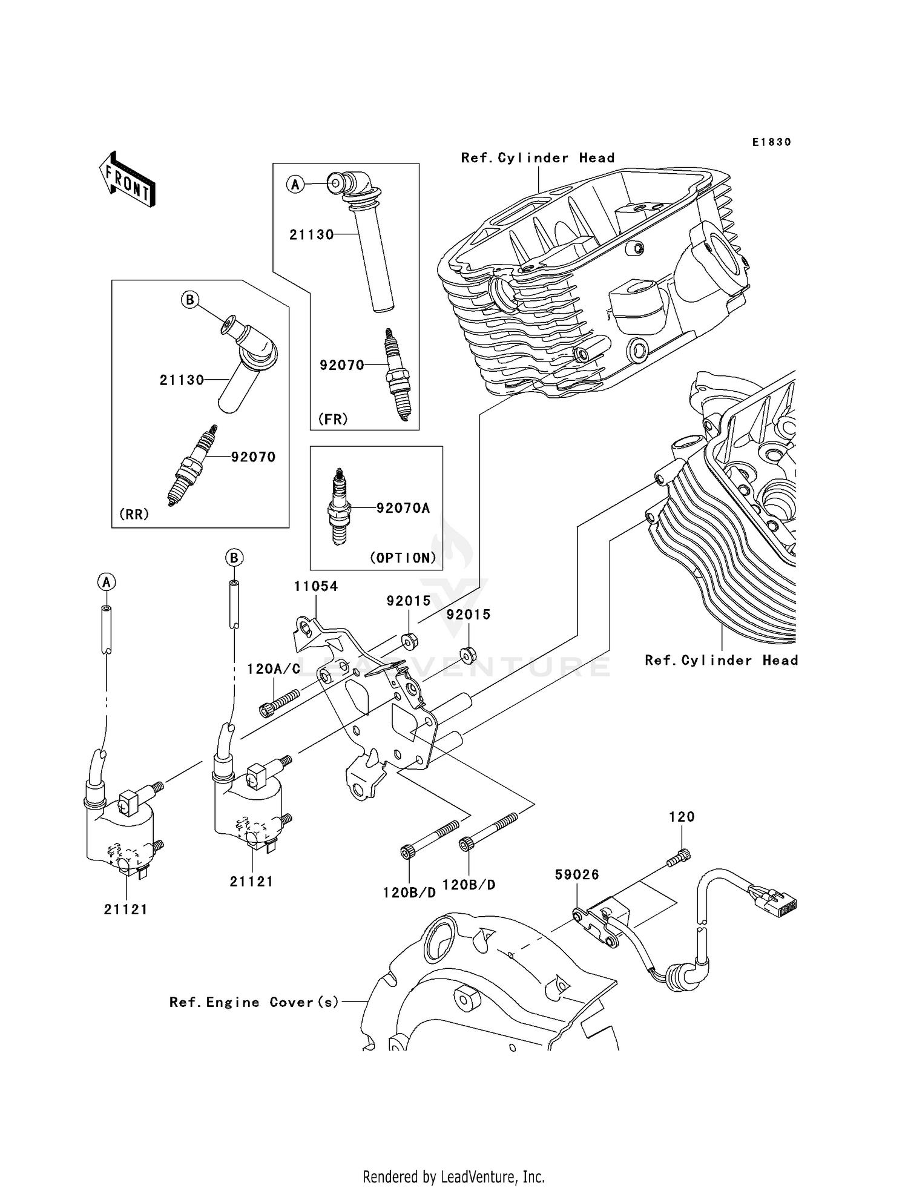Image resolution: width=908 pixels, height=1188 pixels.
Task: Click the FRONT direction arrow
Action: pyautogui.click(x=127, y=180)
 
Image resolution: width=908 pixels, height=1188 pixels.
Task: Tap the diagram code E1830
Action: pyautogui.click(x=771, y=142)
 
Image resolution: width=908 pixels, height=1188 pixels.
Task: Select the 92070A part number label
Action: pyautogui.click(x=403, y=508)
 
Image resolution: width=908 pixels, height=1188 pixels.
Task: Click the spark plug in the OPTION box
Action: pyautogui.click(x=340, y=507)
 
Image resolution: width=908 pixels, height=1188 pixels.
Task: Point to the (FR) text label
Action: pyautogui.click(x=333, y=419)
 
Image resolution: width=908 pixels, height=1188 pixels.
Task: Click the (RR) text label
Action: pyautogui.click(x=134, y=514)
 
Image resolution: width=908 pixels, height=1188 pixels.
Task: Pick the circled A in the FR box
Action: pyautogui.click(x=295, y=184)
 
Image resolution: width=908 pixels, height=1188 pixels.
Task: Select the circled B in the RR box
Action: pyautogui.click(x=190, y=300)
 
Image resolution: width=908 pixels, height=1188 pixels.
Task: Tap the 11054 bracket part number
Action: pyautogui.click(x=315, y=586)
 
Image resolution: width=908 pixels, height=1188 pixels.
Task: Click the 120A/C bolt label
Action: pyautogui.click(x=274, y=669)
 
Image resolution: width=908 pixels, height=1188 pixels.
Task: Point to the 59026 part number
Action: pyautogui.click(x=577, y=874)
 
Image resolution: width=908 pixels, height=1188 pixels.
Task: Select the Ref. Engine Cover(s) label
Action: pyautogui.click(x=254, y=1002)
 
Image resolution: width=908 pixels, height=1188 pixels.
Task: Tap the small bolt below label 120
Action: pyautogui.click(x=679, y=857)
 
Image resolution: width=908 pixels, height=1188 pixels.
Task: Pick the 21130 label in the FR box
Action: pyautogui.click(x=311, y=235)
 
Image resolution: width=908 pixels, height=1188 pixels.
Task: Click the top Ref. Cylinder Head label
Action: pyautogui.click(x=538, y=158)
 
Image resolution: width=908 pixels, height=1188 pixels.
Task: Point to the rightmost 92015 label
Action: pyautogui.click(x=469, y=615)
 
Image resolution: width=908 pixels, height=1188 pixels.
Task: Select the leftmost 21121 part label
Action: pyautogui.click(x=125, y=909)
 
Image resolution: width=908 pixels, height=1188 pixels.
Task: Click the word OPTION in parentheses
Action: pyautogui.click(x=403, y=558)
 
